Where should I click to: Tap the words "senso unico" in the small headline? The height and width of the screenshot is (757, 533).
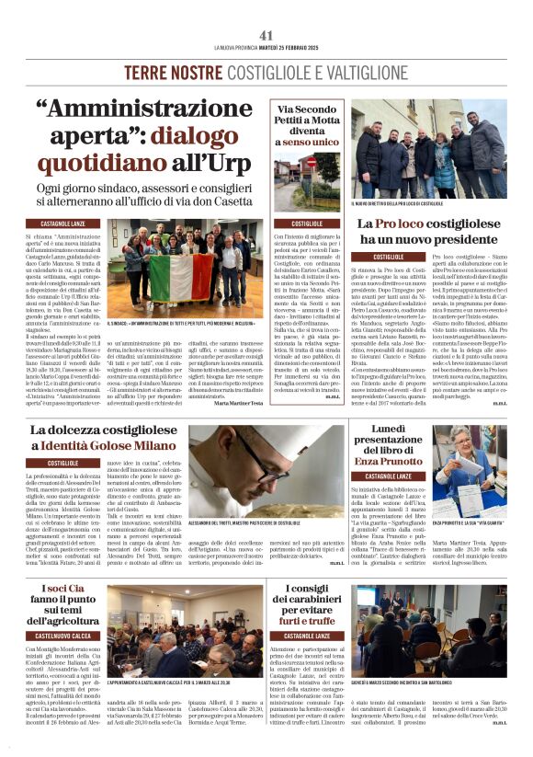[x=309, y=144]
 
